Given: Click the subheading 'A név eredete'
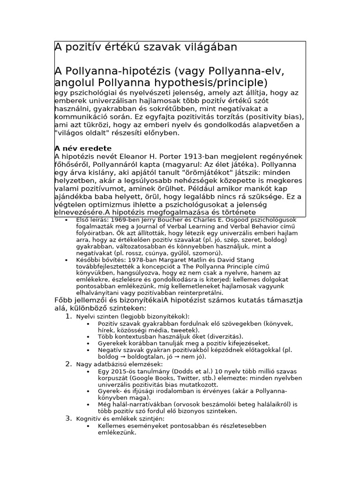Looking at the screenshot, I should pos(83,149).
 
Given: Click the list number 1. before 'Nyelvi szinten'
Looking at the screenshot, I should pos(68,316).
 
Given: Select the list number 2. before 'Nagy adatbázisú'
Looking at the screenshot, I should pos(68,364).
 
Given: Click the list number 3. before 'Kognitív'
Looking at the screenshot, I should pos(68,418).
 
